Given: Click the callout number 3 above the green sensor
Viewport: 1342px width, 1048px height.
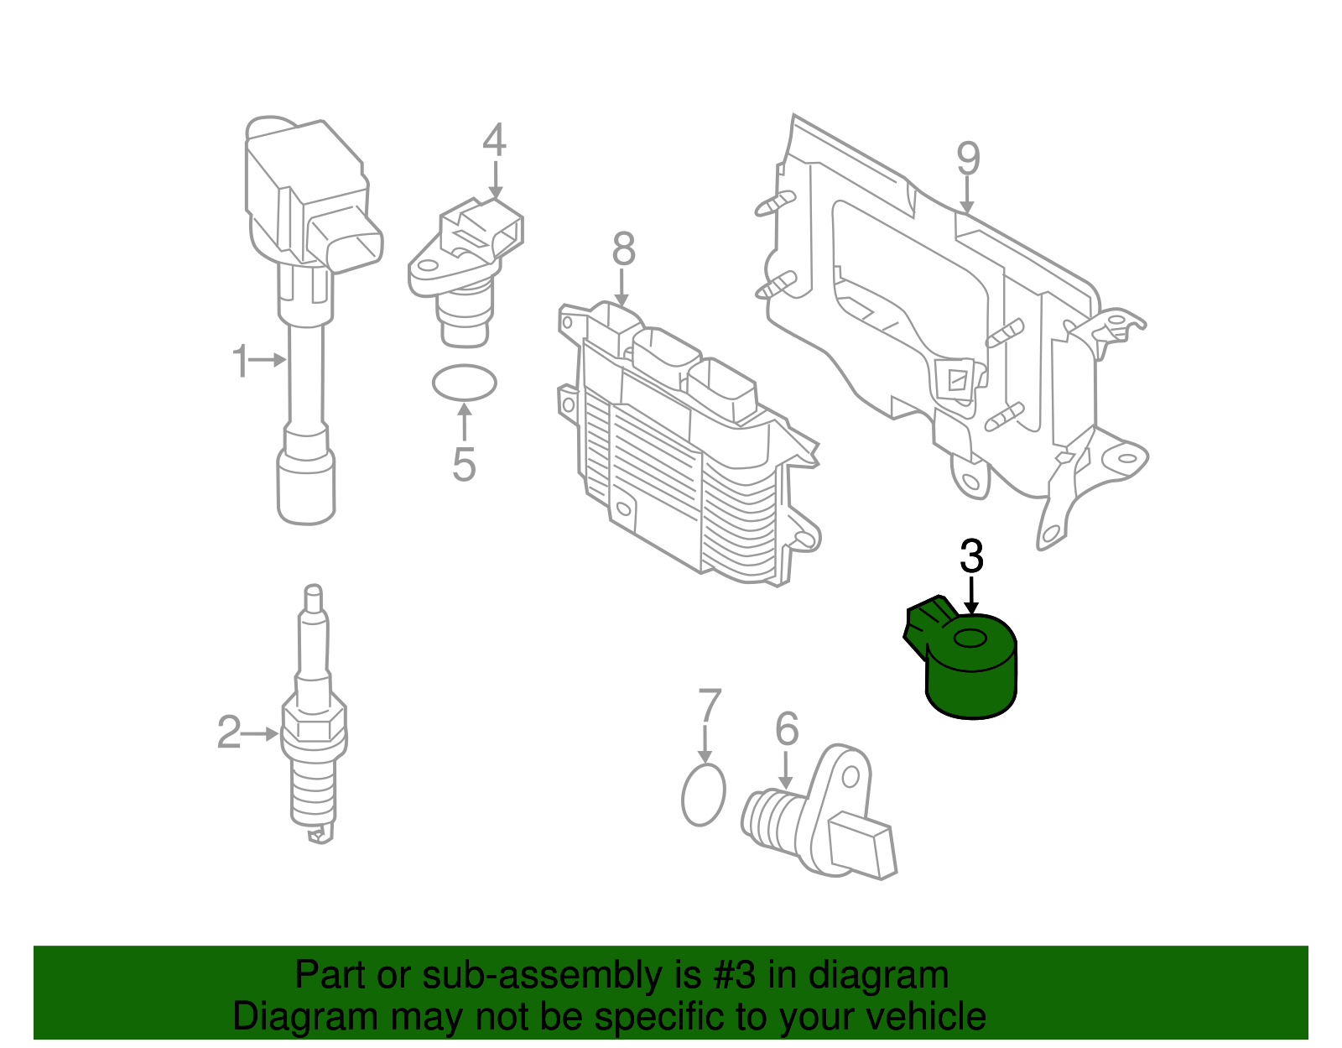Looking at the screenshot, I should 971,557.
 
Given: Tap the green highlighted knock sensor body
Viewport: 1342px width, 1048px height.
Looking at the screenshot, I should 971,684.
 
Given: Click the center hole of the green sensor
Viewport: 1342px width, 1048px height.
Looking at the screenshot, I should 971,640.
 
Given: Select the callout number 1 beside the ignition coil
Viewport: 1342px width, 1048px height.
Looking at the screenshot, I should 241,361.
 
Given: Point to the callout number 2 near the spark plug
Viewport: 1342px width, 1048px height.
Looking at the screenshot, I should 229,733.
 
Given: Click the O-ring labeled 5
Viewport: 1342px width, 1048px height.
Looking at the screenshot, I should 464,383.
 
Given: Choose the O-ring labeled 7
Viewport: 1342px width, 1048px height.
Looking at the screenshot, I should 703,795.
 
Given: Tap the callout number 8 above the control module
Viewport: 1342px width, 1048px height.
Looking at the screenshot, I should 623,249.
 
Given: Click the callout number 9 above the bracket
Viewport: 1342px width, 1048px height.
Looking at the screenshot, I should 968,158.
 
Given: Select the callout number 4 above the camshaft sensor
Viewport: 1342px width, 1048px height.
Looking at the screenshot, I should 494,140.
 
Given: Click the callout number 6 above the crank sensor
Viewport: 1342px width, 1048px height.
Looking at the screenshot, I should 786,729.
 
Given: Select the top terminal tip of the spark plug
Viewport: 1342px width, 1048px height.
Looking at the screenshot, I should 313,597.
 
